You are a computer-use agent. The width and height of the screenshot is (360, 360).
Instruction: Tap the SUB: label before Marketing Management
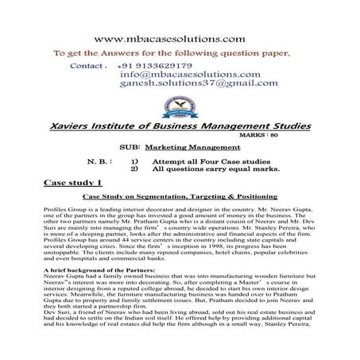(149, 148)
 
